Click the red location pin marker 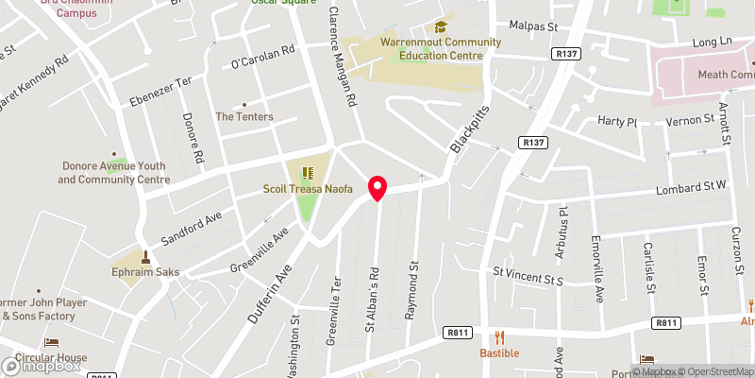tap(377, 188)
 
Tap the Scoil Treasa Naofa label tap(308, 190)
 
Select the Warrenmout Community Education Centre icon tap(440, 28)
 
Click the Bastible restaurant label tap(500, 353)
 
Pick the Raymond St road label tap(411, 290)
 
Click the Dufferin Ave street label tap(267, 294)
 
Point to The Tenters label tap(244, 117)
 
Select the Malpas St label tap(535, 26)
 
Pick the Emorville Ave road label tap(596, 268)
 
